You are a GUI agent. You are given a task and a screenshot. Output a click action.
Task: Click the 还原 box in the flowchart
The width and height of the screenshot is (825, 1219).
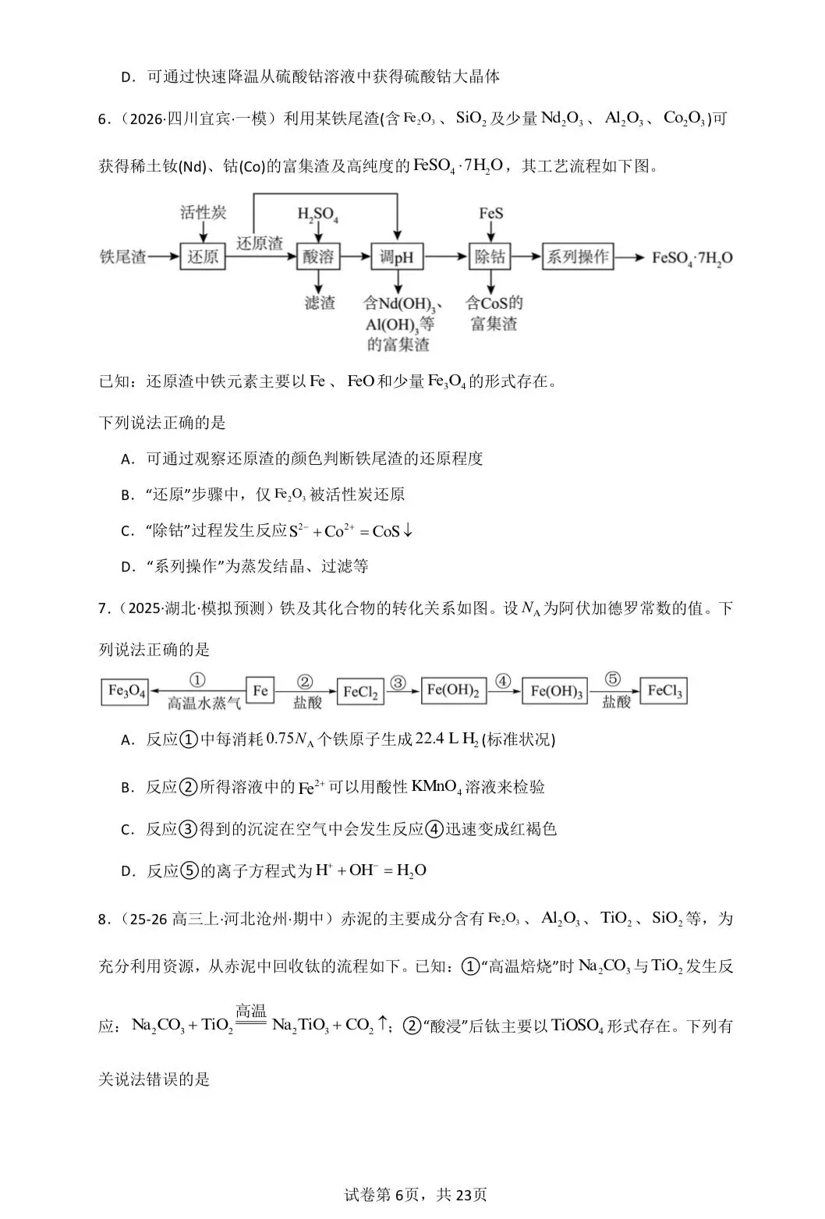[203, 257]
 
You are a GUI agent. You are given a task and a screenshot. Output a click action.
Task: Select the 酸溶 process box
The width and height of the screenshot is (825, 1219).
[319, 257]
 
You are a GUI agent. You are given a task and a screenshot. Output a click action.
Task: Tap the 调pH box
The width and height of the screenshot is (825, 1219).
[396, 257]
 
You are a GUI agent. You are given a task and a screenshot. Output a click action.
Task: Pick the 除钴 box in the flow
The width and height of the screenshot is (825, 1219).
[490, 257]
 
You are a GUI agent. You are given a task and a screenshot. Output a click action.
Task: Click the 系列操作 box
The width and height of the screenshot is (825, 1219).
[578, 257]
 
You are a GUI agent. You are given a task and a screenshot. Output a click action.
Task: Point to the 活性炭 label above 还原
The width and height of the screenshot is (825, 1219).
[203, 212]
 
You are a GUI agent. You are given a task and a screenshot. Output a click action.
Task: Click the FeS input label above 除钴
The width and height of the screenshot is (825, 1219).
[490, 213]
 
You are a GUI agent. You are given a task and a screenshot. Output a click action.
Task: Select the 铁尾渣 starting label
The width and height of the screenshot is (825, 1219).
[123, 257]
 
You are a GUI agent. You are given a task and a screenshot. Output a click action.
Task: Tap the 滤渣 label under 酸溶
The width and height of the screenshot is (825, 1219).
[319, 303]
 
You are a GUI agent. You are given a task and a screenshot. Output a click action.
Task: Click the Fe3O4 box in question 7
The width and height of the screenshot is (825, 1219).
[126, 692]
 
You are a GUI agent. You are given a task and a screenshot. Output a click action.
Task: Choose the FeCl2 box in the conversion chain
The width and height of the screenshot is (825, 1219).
[361, 692]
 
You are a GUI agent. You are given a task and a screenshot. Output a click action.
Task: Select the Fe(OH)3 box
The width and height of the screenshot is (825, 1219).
[556, 692]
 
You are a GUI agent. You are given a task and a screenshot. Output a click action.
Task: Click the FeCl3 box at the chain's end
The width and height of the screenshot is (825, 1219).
[664, 692]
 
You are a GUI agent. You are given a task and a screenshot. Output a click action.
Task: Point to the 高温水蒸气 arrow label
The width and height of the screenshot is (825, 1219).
[204, 703]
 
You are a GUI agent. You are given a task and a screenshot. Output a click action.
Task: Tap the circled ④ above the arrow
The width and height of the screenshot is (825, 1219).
[503, 681]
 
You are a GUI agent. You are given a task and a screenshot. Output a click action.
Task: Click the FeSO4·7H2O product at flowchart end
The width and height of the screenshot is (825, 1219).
[692, 258]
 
